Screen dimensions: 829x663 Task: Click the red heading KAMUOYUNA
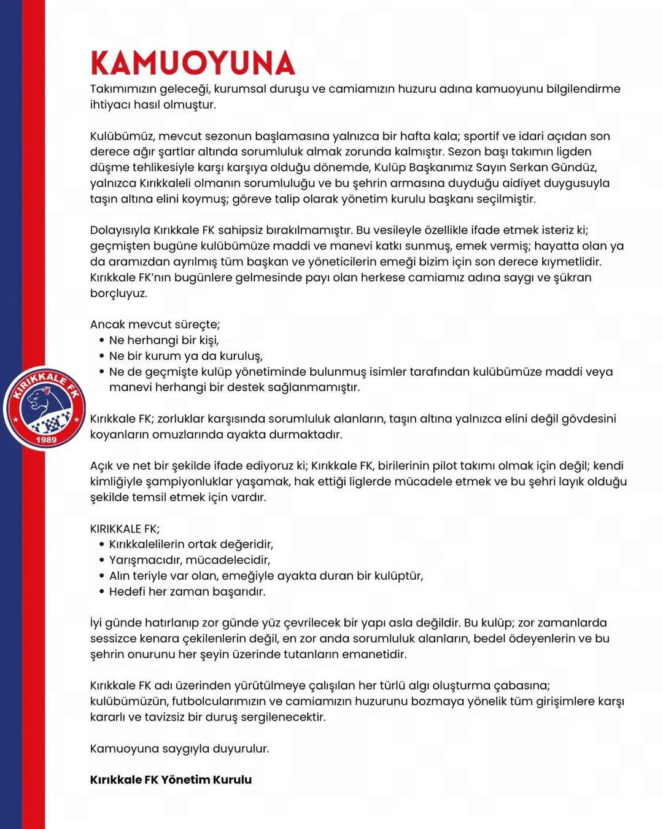tap(192, 63)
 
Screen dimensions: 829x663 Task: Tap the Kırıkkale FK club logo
tap(44, 408)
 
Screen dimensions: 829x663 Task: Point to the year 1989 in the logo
tap(46, 440)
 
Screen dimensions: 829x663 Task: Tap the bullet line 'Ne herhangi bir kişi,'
tap(164, 340)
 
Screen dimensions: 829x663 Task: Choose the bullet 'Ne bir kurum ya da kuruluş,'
tap(185, 356)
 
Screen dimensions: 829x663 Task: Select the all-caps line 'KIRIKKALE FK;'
tap(125, 529)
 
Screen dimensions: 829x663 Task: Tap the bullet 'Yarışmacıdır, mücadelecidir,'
tap(189, 560)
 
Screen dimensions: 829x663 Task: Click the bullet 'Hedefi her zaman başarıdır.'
tap(187, 592)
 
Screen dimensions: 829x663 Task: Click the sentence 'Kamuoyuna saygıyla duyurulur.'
tap(179, 749)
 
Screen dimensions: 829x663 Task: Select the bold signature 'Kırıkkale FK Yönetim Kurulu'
tap(171, 780)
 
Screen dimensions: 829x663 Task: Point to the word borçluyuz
tap(118, 294)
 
